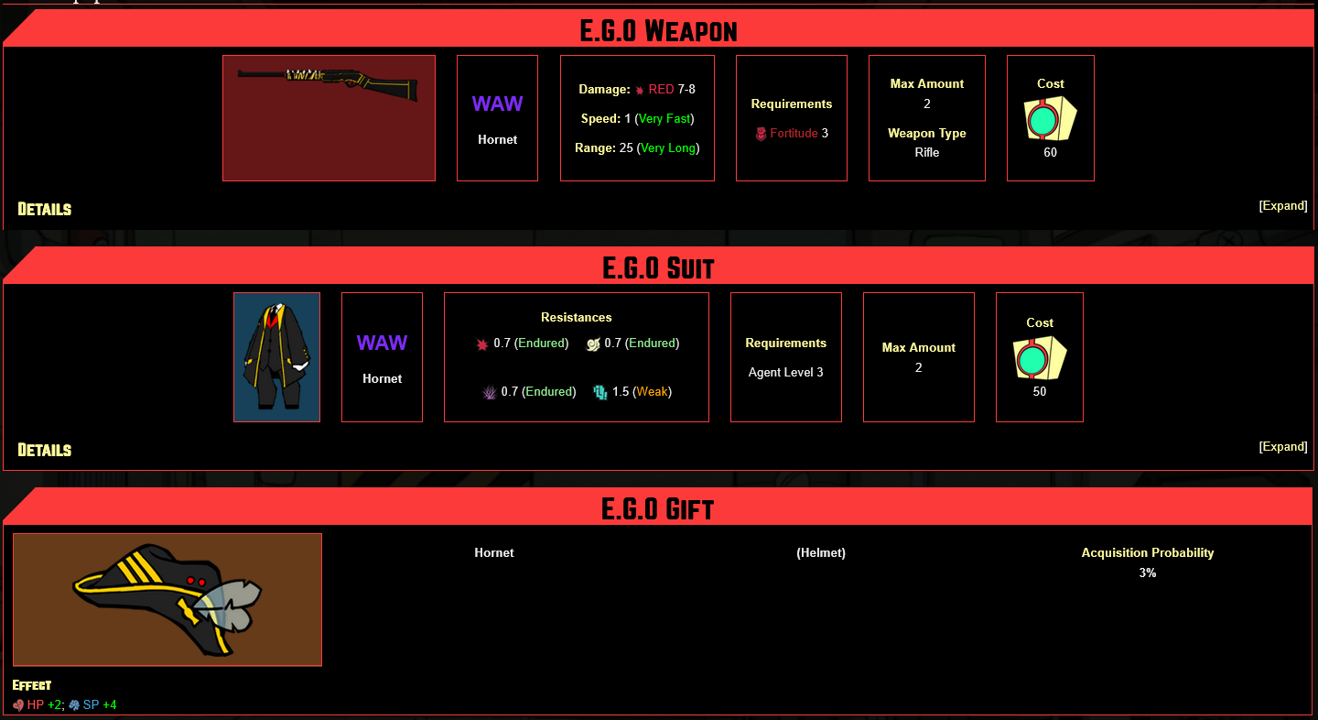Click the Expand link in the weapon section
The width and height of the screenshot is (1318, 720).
click(1283, 206)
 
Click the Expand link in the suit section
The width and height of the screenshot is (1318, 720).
click(1283, 447)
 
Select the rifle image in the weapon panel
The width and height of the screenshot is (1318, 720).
click(329, 84)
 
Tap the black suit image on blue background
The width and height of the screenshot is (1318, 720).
click(276, 357)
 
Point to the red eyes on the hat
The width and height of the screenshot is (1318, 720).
click(195, 581)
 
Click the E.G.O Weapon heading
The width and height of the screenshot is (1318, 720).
click(658, 31)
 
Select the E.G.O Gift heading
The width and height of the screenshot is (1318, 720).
click(658, 508)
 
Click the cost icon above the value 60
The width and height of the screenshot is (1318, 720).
click(1050, 118)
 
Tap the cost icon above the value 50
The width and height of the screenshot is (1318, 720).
click(1039, 357)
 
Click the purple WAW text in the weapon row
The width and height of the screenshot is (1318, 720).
click(497, 104)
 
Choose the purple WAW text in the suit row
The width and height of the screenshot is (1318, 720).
click(382, 344)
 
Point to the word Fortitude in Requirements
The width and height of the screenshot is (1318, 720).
click(794, 134)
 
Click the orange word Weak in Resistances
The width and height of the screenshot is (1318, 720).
click(653, 392)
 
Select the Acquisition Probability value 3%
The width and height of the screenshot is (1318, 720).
click(1147, 573)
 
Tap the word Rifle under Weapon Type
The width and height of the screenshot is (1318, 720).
click(926, 153)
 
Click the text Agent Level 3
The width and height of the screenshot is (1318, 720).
click(785, 373)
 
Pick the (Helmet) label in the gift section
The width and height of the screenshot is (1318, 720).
click(821, 553)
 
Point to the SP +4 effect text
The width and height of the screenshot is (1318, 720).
click(99, 705)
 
